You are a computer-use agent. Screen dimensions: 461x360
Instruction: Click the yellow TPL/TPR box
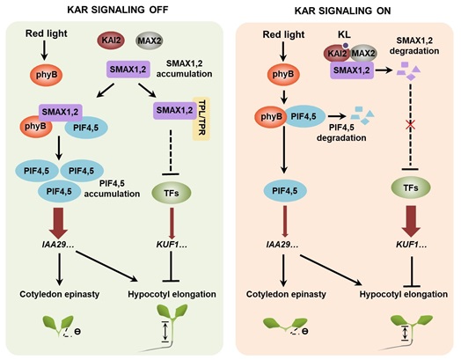coord(201,119)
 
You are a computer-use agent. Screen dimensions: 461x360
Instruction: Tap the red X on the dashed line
coord(410,126)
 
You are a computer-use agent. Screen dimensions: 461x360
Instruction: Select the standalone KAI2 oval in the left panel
coord(111,40)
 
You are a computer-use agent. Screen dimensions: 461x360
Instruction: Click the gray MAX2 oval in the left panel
coord(150,40)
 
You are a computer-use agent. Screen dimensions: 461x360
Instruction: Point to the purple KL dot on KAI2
coord(346,45)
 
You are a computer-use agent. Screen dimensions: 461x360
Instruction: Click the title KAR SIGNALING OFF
coord(118,10)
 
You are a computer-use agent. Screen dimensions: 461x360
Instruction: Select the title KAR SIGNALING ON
coord(343,11)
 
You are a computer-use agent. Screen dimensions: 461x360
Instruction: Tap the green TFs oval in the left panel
coord(172,193)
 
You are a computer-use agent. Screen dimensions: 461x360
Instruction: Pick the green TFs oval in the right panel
coord(411,187)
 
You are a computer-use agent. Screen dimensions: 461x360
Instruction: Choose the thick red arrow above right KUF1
coord(411,221)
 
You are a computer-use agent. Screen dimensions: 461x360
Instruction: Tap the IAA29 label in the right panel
coord(282,245)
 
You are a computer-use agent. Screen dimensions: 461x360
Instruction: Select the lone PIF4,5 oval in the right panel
coord(285,191)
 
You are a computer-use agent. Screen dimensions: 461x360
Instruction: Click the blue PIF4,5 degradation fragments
coord(362,115)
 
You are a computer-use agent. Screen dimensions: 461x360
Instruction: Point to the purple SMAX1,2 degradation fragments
coord(409,71)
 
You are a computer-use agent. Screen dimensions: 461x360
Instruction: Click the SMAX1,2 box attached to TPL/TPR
coord(175,110)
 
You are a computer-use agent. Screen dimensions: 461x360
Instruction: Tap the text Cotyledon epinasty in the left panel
coord(60,294)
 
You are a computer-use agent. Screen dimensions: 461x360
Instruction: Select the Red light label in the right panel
coord(283,34)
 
